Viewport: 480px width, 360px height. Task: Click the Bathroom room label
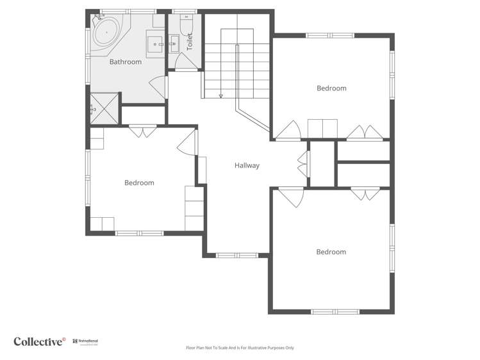coord(125,62)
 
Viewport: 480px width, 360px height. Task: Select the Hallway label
coord(247,165)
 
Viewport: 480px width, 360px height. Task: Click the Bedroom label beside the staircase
coord(331,88)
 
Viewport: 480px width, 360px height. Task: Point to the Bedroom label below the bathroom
coord(139,183)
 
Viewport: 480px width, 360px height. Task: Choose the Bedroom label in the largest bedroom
coord(331,252)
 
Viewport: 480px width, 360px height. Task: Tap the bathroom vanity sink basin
coord(156,45)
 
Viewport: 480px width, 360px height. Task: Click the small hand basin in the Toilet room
coord(174,45)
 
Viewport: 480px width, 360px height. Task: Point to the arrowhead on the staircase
coord(220,96)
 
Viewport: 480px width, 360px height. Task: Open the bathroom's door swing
coord(158,87)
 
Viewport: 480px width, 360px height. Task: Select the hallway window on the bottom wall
coord(236,256)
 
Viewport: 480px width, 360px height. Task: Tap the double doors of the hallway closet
coord(302,164)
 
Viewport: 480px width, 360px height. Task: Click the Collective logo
coord(40,341)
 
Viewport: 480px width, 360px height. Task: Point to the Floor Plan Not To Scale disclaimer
coord(240,348)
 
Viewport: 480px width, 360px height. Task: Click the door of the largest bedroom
coord(292,197)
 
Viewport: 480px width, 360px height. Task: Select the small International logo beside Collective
coord(85,341)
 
